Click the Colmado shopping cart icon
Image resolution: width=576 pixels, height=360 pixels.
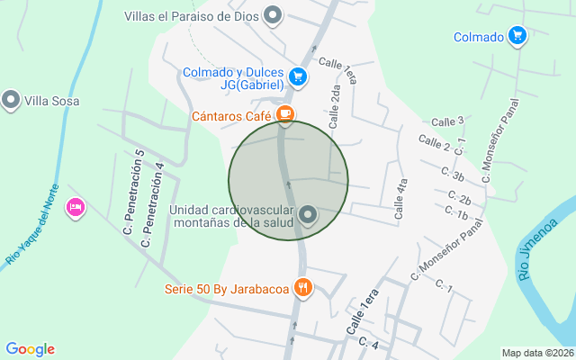(517, 37)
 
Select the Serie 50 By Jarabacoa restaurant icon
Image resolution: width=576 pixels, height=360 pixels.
(304, 288)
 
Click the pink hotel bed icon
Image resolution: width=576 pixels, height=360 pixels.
(76, 207)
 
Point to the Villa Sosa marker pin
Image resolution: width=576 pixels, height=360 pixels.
(11, 100)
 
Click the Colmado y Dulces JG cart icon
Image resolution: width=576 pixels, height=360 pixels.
(299, 78)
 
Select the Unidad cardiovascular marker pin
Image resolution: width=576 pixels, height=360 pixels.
(308, 215)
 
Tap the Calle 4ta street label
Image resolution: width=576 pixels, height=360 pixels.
(401, 199)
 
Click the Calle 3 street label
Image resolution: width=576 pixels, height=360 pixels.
(447, 121)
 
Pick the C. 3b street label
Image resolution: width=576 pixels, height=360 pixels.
(453, 175)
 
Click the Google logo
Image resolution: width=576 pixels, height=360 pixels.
(30, 349)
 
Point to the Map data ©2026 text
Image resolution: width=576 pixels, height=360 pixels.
(537, 353)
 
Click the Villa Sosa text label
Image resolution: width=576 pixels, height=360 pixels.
(51, 100)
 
